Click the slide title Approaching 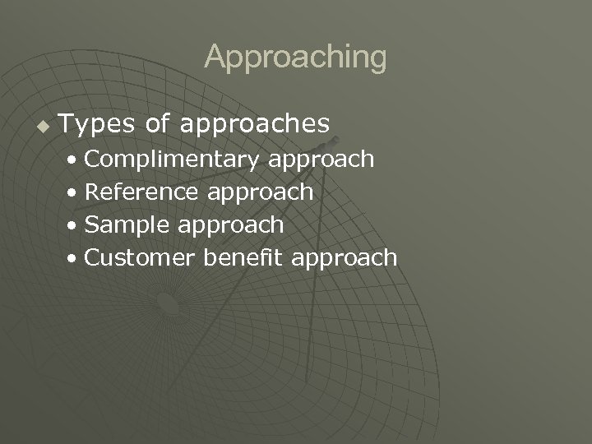[295, 58]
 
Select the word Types [98, 125]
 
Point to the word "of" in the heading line [157, 124]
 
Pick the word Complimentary [171, 160]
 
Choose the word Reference [141, 192]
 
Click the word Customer [140, 257]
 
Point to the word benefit [243, 257]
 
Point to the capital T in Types [67, 124]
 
